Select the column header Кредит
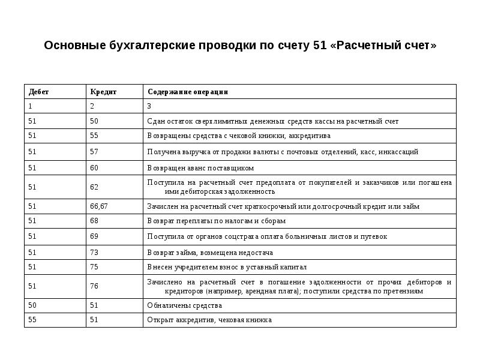click(103, 92)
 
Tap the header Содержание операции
click(187, 92)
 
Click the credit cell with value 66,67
click(99, 206)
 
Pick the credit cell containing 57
click(94, 152)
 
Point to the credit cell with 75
click(94, 268)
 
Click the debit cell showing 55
click(32, 320)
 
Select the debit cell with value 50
click(32, 305)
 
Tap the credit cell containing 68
click(94, 221)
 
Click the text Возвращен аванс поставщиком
click(200, 168)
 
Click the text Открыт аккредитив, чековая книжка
click(209, 320)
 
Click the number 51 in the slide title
click(319, 46)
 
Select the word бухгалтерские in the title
click(137, 46)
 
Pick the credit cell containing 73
click(94, 253)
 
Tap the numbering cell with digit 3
click(149, 106)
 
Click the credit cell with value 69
click(94, 236)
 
